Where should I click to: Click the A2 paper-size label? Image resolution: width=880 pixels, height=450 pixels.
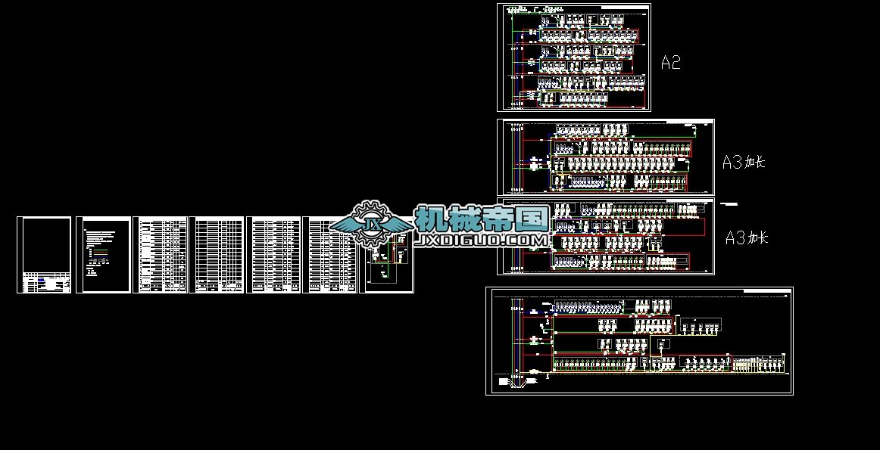(x=670, y=63)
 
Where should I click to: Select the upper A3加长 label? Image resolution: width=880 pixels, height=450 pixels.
(x=744, y=162)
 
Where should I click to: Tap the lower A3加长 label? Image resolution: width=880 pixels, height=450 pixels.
(x=747, y=238)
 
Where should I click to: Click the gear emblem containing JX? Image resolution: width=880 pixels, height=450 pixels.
(x=372, y=225)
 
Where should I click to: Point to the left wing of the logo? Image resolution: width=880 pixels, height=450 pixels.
(x=345, y=224)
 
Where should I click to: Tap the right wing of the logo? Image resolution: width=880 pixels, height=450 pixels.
(x=399, y=224)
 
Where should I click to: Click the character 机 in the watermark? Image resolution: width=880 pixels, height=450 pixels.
(x=432, y=220)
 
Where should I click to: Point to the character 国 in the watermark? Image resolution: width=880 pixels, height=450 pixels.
(x=533, y=220)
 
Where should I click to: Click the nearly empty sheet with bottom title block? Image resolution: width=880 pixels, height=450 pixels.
(x=44, y=255)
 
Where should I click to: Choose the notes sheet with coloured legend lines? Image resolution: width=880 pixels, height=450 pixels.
(x=103, y=255)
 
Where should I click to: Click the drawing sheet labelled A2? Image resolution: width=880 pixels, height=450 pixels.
(x=573, y=57)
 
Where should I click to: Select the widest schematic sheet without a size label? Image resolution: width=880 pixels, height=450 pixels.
(x=639, y=341)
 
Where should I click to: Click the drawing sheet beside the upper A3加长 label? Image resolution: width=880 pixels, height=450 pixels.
(x=605, y=157)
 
